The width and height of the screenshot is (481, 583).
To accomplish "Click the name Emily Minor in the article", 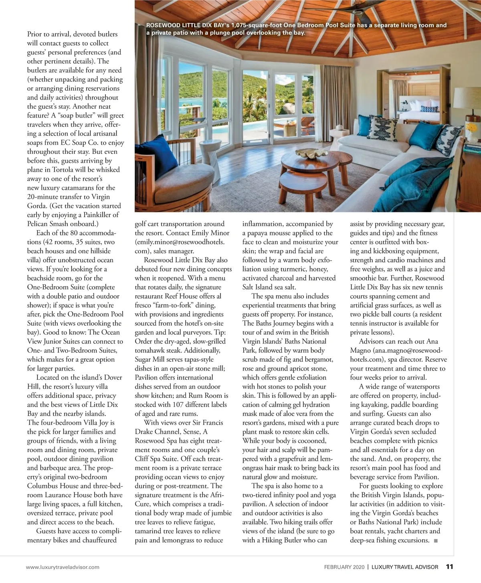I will click(211, 233).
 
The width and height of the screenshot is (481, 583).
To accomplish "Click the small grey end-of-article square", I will click(436, 541).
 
